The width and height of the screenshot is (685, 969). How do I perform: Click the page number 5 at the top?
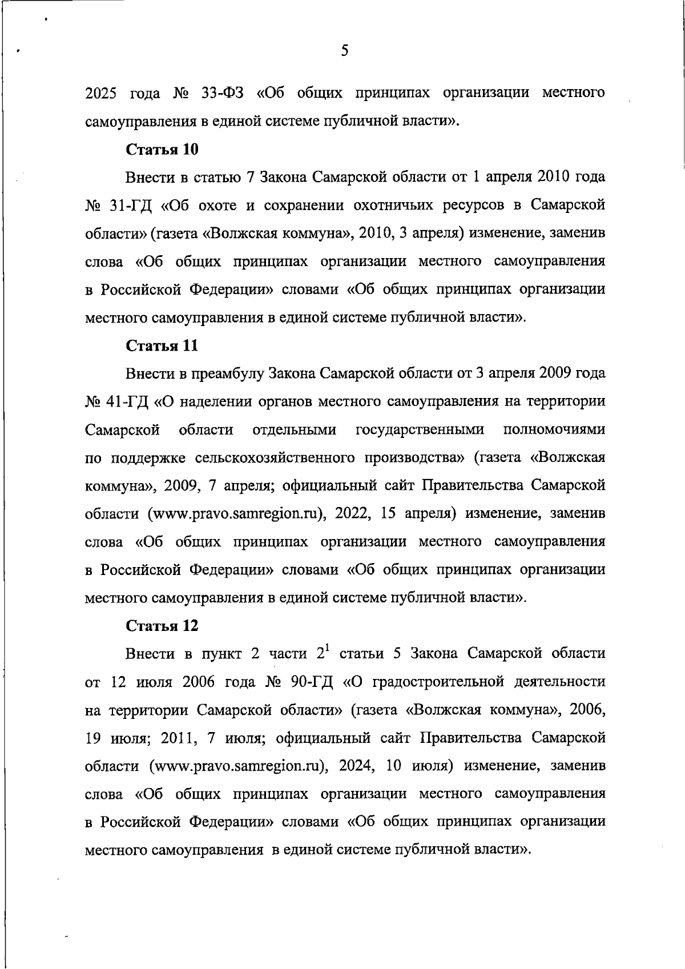tap(344, 51)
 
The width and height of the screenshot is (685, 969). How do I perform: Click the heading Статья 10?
tap(162, 150)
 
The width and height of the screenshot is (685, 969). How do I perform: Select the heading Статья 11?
tap(162, 345)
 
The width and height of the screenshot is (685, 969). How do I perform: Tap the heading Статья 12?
tap(162, 626)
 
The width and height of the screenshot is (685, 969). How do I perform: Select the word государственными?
tap(420, 430)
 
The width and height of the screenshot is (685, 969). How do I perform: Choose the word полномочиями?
tap(554, 430)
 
